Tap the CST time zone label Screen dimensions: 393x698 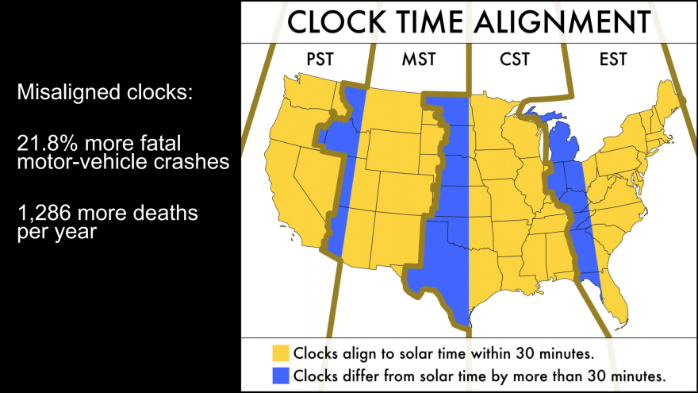tap(516, 60)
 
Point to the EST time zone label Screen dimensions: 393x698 tap(615, 60)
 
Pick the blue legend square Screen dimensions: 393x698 tap(280, 374)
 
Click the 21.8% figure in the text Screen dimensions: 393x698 tap(44, 144)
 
